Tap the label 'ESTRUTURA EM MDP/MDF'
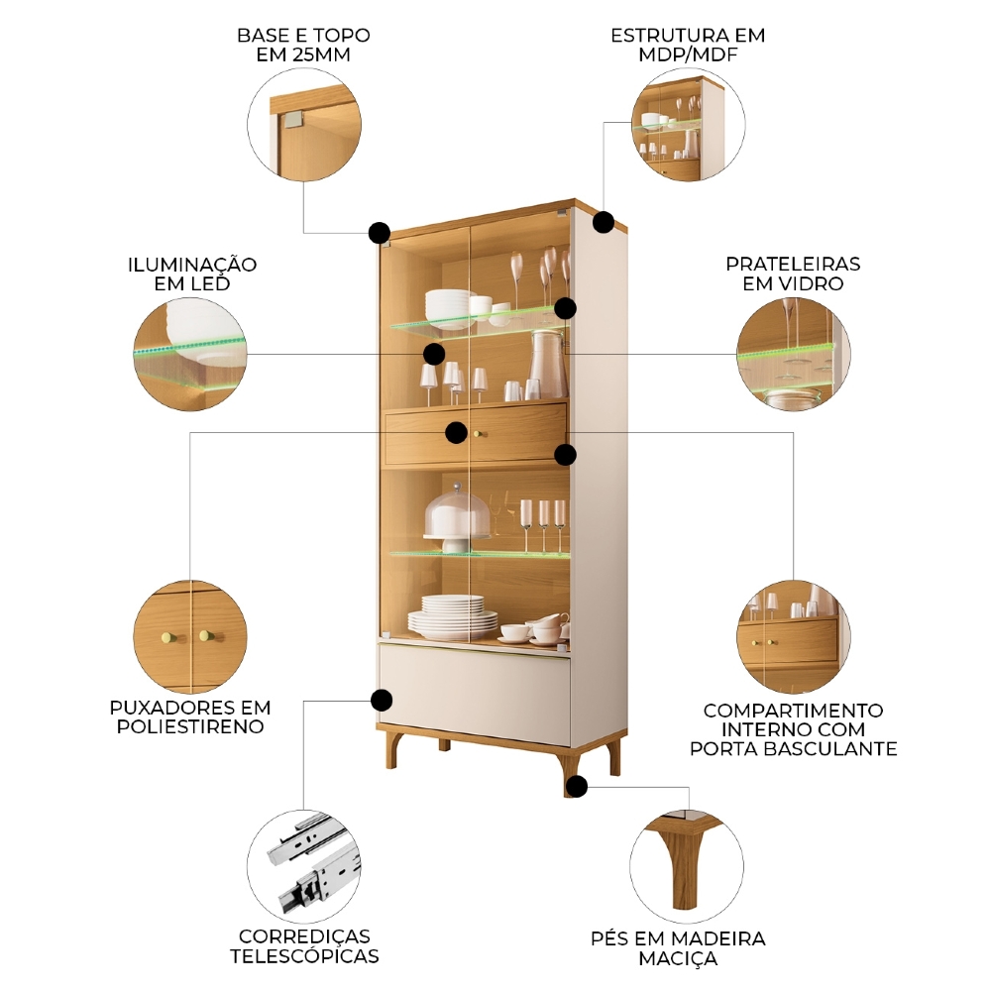688,45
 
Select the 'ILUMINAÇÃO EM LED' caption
192,275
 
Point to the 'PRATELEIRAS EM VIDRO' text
793,274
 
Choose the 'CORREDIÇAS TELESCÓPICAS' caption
304,946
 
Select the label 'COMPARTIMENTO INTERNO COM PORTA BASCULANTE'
793,729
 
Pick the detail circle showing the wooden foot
687,863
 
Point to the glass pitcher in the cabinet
546,364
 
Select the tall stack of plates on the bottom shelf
452,616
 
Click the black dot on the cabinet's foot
577,787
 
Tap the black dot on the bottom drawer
382,701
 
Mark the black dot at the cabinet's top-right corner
604,222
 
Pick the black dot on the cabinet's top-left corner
379,233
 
